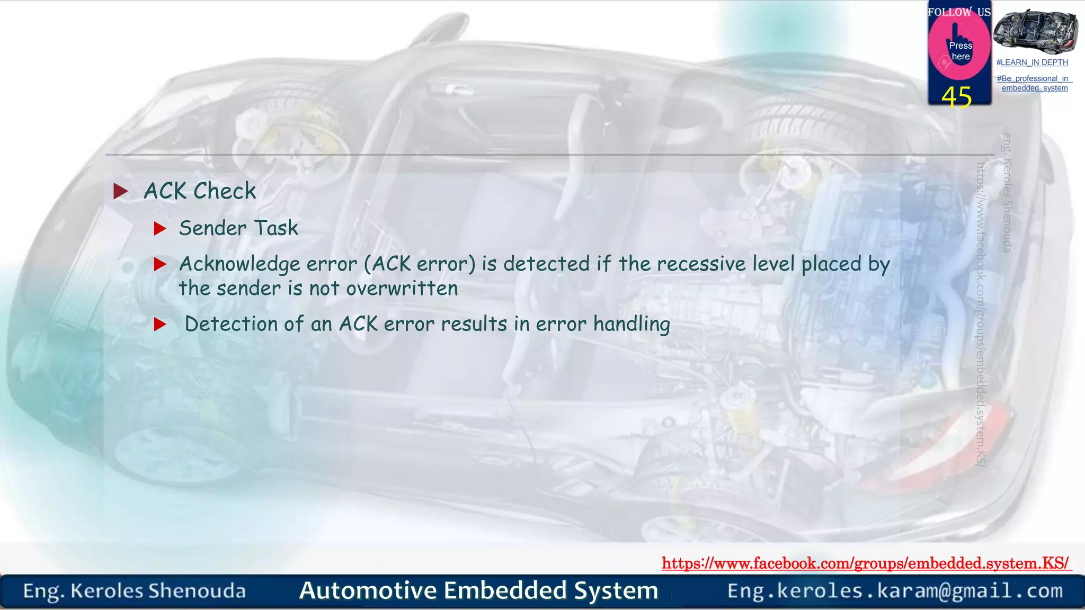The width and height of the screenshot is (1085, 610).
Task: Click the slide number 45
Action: (956, 97)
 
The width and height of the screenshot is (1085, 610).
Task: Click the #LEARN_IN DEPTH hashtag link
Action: (1032, 62)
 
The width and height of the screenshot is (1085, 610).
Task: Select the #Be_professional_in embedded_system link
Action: (1034, 83)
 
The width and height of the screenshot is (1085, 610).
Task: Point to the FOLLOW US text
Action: (959, 12)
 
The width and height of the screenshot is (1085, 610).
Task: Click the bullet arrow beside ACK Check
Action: (121, 191)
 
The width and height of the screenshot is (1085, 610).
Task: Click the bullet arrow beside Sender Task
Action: (160, 229)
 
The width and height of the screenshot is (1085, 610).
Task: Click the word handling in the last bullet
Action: (632, 324)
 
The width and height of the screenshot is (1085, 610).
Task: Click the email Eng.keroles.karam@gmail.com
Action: (895, 590)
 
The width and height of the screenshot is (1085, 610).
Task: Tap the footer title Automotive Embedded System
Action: (478, 590)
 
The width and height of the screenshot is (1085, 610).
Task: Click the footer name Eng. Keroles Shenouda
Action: (135, 591)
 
